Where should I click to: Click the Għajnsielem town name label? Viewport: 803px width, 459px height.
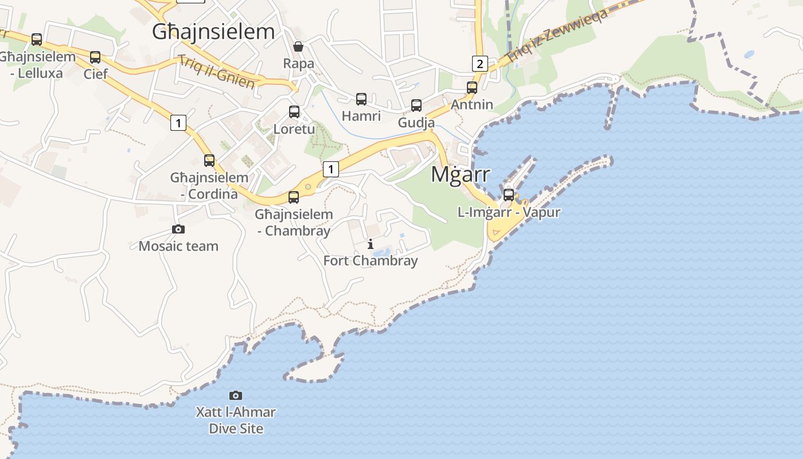point(213,32)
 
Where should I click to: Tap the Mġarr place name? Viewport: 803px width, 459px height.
point(461,174)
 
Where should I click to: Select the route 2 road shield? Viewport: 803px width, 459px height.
point(480,63)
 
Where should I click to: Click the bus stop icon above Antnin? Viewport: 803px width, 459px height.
point(472,88)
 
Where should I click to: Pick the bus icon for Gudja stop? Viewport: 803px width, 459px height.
point(416,106)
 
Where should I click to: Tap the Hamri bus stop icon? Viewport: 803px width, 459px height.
point(361,99)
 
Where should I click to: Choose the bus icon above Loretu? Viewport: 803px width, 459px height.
point(294,112)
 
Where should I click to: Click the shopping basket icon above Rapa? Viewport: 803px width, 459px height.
point(298,46)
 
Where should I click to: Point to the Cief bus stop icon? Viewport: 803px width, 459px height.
point(95,57)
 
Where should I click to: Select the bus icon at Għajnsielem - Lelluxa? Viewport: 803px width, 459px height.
point(37,40)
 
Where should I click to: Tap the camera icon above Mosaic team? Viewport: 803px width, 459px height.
point(178,229)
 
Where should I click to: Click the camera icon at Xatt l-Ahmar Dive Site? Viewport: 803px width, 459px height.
point(236,395)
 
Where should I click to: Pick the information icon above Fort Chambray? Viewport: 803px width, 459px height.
point(371,244)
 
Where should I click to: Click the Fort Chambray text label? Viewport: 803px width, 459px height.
point(371,261)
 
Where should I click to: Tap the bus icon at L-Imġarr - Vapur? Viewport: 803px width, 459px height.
point(509,195)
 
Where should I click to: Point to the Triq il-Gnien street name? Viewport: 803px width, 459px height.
point(216,72)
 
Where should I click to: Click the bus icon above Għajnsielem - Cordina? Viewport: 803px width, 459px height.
point(209,161)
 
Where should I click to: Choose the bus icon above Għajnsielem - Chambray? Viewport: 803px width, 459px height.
point(294,197)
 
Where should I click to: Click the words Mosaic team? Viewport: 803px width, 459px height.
point(178,246)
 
